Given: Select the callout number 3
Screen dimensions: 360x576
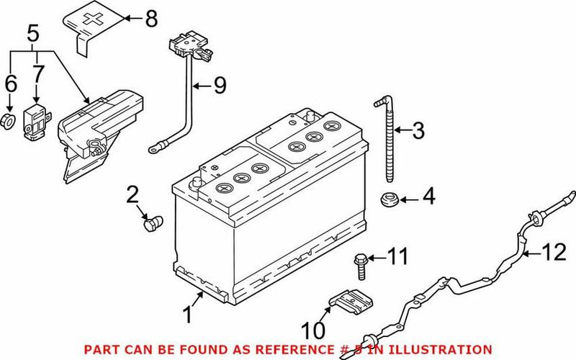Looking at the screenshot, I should pyautogui.click(x=418, y=131).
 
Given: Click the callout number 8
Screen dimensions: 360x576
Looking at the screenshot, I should pyautogui.click(x=150, y=19).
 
